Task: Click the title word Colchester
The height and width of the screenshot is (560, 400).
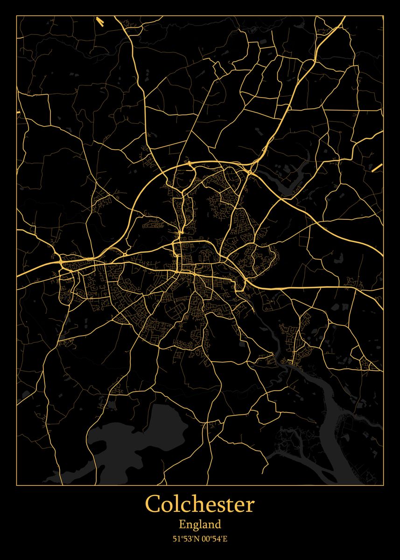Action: [200, 504]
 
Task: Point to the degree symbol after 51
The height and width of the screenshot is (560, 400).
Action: [181, 537]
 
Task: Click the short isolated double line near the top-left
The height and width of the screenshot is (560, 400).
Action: [100, 21]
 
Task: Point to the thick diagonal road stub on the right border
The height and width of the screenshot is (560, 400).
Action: [377, 168]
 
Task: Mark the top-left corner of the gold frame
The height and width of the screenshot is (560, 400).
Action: [17, 16]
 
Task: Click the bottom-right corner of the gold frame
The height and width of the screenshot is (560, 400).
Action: [383, 485]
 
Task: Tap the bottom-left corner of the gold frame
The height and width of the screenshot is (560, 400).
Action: [17, 485]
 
